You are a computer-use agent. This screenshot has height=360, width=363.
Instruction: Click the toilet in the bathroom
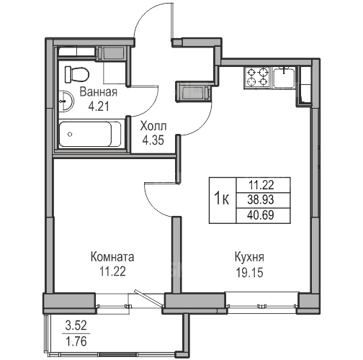(77, 74)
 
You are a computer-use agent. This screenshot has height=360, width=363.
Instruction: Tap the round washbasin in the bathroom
(67, 101)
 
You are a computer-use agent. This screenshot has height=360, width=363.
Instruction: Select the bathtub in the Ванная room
(90, 134)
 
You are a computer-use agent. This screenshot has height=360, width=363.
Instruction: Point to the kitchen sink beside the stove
(284, 78)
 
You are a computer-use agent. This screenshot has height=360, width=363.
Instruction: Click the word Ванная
(99, 92)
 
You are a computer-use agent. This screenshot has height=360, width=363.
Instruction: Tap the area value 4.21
(99, 107)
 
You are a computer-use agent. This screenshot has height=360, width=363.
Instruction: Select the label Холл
(153, 126)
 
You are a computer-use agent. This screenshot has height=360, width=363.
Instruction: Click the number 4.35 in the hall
(153, 140)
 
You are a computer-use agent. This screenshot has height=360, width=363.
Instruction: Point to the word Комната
(112, 257)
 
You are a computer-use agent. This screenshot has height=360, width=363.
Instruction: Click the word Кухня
(249, 257)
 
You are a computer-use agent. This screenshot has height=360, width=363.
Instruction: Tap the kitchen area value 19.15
(250, 273)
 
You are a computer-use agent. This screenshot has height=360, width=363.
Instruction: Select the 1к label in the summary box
(222, 199)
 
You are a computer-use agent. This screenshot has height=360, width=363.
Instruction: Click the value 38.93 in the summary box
(261, 199)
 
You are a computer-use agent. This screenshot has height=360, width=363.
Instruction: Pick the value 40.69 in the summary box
(261, 215)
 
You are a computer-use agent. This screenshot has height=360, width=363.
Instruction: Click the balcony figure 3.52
(76, 326)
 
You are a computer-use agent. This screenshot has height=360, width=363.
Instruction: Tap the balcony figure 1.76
(76, 341)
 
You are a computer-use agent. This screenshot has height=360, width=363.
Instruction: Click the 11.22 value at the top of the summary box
(261, 185)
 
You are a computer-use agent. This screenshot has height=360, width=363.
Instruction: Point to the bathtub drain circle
(70, 134)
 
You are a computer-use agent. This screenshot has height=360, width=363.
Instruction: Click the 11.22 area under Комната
(112, 271)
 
